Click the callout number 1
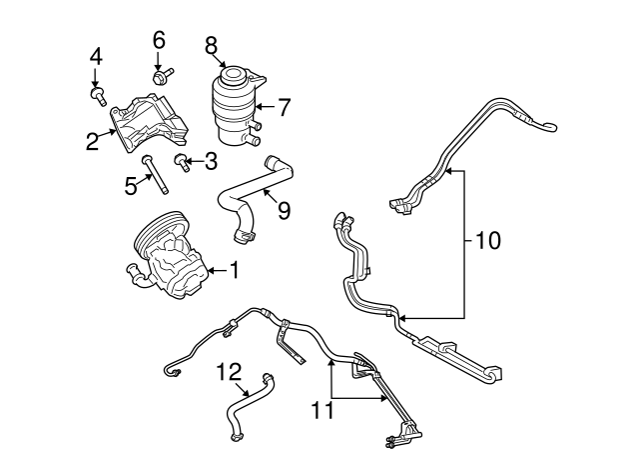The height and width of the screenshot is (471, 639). pyautogui.click(x=235, y=269)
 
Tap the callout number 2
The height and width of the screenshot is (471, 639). pyautogui.click(x=92, y=142)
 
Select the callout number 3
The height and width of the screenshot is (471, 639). pyautogui.click(x=210, y=160)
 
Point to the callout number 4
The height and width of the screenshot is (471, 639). pyautogui.click(x=96, y=56)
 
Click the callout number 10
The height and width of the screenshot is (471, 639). pyautogui.click(x=488, y=241)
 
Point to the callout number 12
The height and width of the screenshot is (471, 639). pyautogui.click(x=230, y=372)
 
